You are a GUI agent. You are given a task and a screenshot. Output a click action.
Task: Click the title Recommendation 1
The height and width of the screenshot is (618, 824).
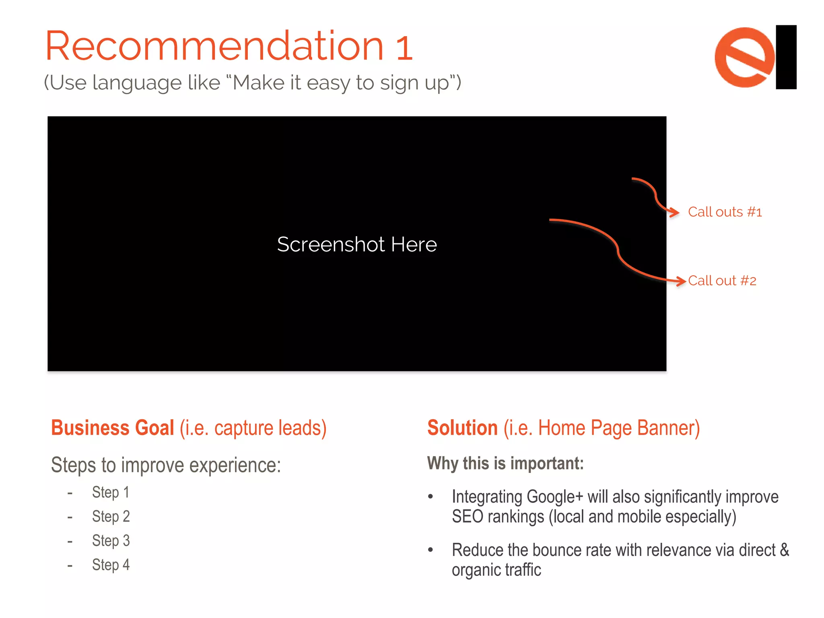click(x=229, y=46)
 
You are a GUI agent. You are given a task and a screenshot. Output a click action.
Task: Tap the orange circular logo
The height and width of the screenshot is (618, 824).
click(x=744, y=57)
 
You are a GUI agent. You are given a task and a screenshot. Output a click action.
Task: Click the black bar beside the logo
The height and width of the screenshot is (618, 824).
click(x=786, y=57)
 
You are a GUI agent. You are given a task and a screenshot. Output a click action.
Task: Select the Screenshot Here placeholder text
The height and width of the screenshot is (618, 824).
click(x=357, y=244)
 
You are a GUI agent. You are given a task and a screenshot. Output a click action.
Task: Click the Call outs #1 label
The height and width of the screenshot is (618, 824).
click(x=725, y=212)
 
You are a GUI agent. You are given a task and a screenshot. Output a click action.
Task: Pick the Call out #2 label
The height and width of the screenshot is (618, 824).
click(x=722, y=281)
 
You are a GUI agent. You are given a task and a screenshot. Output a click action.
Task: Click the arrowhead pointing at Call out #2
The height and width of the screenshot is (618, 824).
click(x=682, y=281)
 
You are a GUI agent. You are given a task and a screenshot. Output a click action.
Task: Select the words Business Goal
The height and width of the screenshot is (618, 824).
click(x=113, y=428)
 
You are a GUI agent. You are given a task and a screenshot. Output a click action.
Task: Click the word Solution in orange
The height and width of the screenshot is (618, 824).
click(x=462, y=428)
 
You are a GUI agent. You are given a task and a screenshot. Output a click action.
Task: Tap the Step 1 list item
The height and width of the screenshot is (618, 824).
click(x=111, y=492)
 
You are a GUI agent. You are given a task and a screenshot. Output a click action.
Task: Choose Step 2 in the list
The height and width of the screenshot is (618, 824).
click(x=111, y=516)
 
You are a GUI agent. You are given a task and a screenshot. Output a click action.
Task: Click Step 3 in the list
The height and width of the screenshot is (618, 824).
click(x=111, y=540)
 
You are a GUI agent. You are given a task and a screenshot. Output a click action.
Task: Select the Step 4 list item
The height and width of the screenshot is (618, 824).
click(x=111, y=564)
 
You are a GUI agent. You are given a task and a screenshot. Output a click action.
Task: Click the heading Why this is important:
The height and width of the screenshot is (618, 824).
click(x=505, y=463)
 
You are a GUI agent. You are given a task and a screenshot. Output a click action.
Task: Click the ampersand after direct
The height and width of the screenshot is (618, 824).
click(x=784, y=550)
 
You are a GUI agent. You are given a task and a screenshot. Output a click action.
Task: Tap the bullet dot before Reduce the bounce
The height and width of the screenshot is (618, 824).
click(x=431, y=550)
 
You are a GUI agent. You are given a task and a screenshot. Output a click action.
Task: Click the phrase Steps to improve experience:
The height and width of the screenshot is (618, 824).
click(x=166, y=465)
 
